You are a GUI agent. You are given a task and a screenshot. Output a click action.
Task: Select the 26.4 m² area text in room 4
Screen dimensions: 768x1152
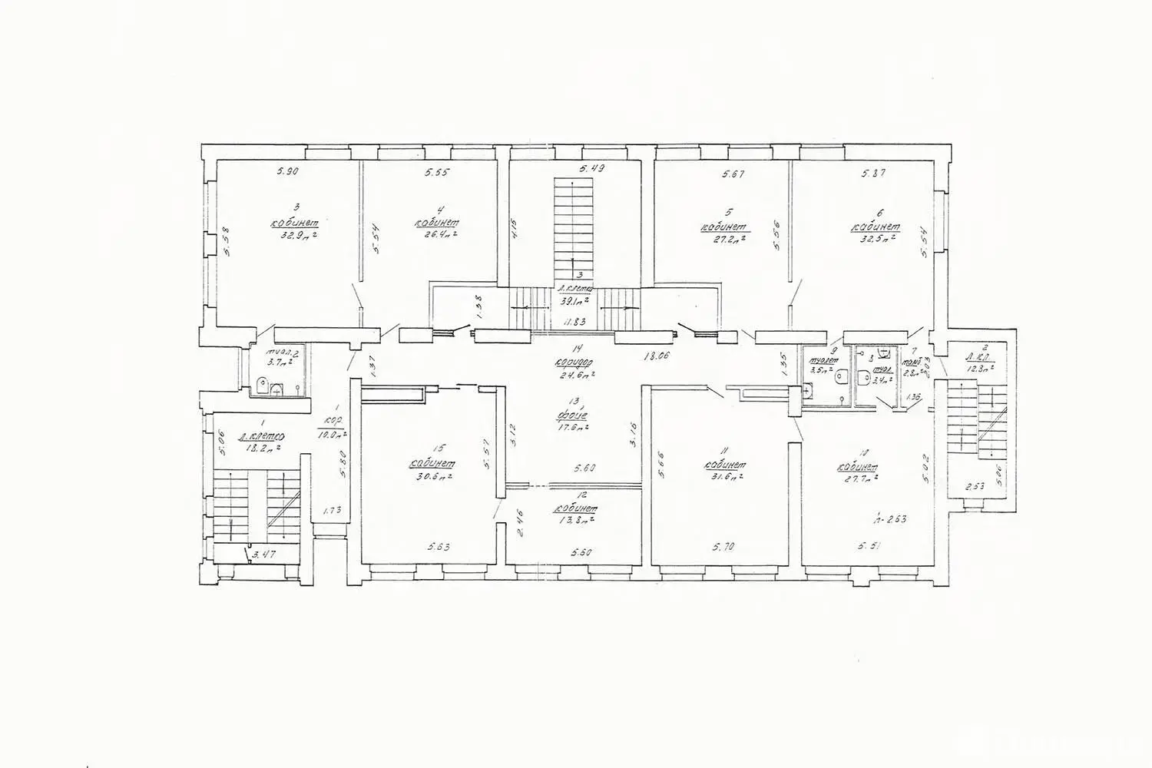point(435,236)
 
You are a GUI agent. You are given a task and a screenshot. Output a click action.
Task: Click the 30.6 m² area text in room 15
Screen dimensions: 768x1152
point(431,476)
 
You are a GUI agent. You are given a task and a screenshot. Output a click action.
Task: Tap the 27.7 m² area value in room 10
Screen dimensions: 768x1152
point(857,478)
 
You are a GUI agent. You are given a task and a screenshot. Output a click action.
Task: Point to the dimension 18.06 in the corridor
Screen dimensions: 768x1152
point(652,356)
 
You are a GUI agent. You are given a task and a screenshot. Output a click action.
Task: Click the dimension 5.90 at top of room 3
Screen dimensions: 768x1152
point(286,173)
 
